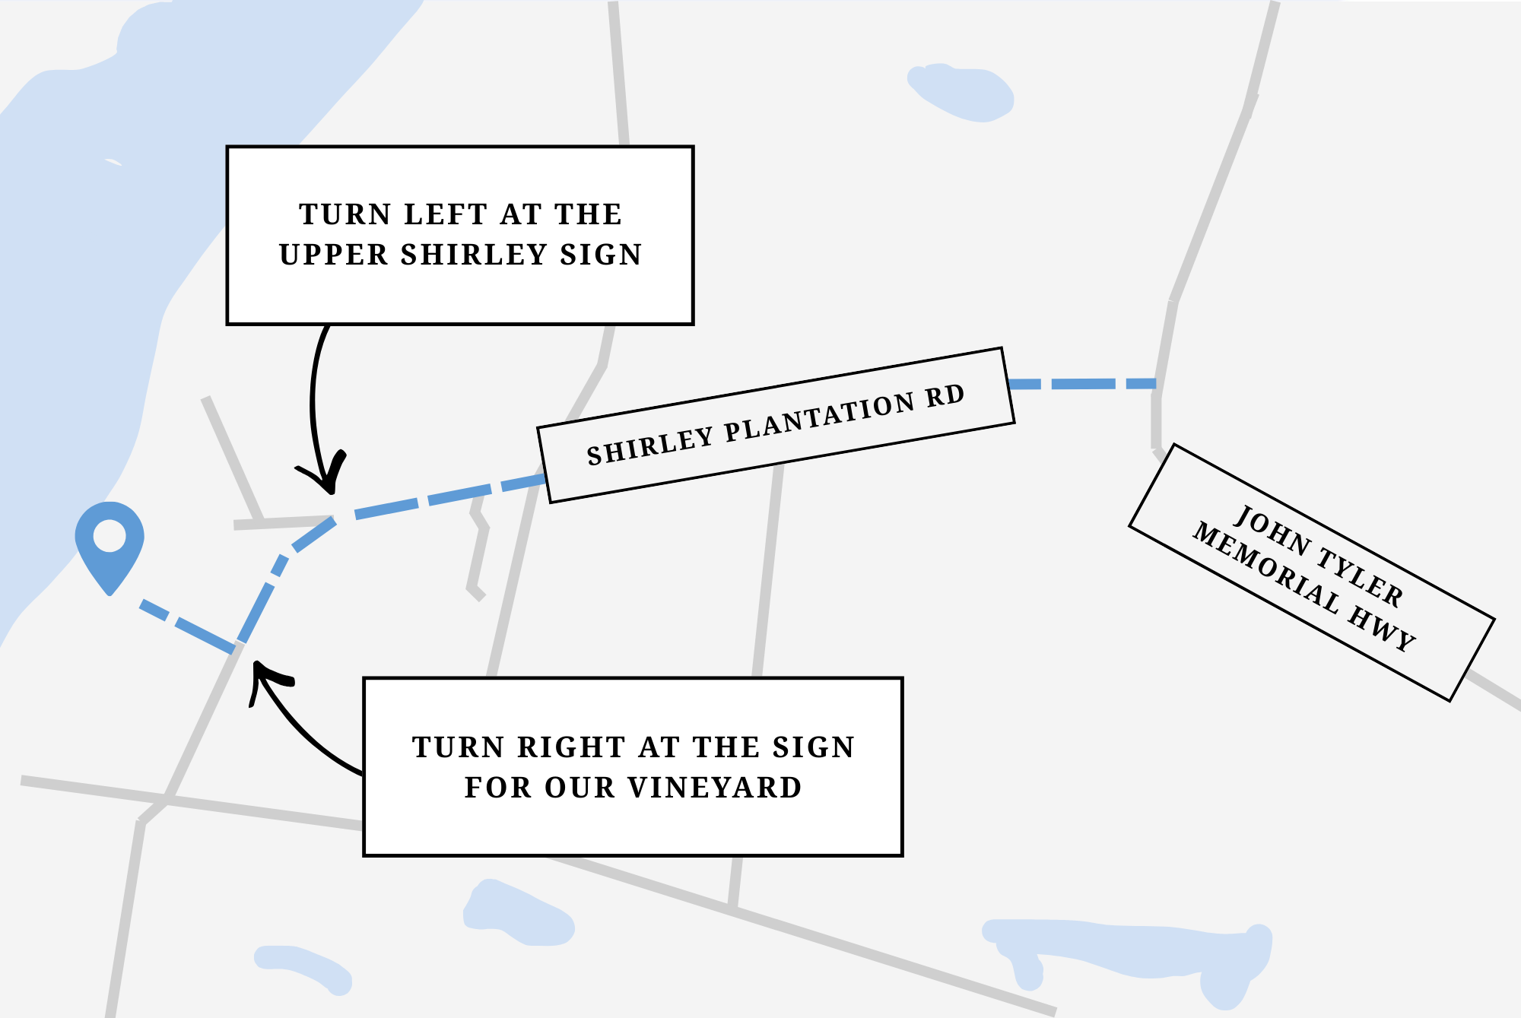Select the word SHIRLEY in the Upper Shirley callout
click(x=473, y=255)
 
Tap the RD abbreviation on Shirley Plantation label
click(x=945, y=396)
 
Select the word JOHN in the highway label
click(x=1272, y=529)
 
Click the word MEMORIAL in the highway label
click(x=1265, y=567)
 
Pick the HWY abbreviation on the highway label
click(x=1382, y=629)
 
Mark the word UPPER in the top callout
click(x=334, y=255)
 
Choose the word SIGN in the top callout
click(x=601, y=255)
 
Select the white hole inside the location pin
click(x=110, y=535)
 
